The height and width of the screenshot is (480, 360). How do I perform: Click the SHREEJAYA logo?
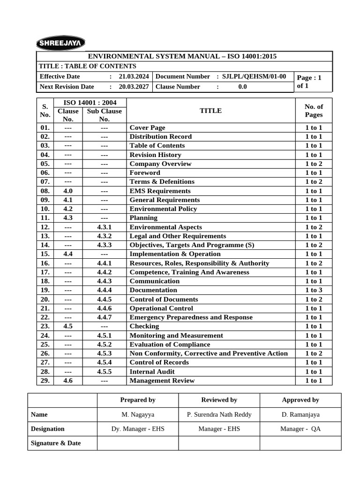pos(60,43)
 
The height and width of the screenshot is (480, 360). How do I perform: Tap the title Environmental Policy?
pos(163,209)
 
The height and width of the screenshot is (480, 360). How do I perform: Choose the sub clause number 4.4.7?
pos(105,317)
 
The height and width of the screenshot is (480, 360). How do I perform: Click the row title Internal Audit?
pos(152,372)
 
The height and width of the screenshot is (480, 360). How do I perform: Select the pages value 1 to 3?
pos(314,290)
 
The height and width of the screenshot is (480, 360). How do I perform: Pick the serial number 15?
pos(45,254)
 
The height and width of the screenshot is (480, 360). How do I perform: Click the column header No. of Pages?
pos(314,111)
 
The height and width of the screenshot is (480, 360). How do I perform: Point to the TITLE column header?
pos(210,111)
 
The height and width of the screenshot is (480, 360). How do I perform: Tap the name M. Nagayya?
pos(137,414)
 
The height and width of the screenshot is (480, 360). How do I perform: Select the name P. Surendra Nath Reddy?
pos(219,414)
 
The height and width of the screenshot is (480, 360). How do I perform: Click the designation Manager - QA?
pos(300,429)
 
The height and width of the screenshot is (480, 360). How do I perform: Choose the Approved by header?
pos(300,400)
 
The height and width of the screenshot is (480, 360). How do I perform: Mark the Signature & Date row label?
pos(56,443)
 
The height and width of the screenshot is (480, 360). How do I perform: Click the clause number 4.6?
pos(68,381)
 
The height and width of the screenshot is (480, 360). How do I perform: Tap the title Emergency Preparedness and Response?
pos(191,317)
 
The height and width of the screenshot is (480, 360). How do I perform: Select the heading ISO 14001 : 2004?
pos(90,103)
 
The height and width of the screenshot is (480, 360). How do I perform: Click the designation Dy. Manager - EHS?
pos(137,429)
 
